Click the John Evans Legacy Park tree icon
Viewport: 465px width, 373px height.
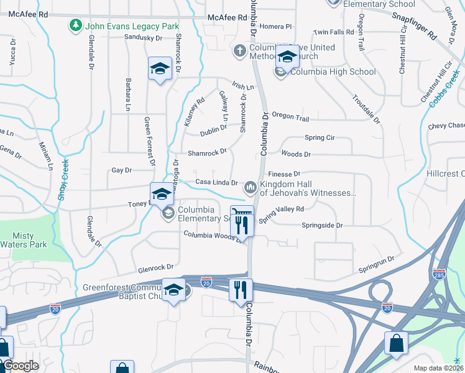coord(75,25)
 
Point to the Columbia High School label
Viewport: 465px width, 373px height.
coord(333,71)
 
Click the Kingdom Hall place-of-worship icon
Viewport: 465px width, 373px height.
coord(250,186)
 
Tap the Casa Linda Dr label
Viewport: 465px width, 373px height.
coord(217,183)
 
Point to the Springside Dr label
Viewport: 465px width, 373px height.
coord(322,226)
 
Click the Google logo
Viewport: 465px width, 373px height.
coord(21,366)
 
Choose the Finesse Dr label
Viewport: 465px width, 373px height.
coord(284,174)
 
